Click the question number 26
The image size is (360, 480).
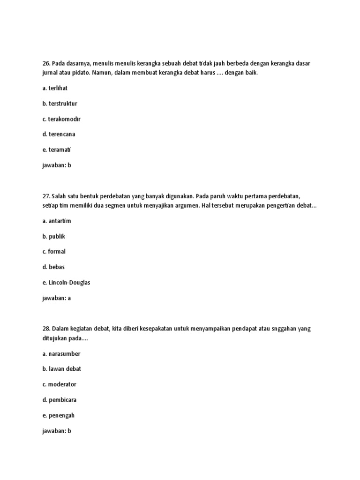(45, 63)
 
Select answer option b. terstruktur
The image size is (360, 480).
(60, 104)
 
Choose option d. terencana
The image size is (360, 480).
(59, 134)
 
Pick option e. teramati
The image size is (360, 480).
(57, 150)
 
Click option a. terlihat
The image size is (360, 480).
(55, 88)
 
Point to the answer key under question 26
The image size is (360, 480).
(56, 165)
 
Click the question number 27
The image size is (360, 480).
(45, 196)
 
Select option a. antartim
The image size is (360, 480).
(57, 221)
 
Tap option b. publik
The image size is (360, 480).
(53, 236)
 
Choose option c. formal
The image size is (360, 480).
(54, 252)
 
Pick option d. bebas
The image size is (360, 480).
(53, 267)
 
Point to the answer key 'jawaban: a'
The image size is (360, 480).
(56, 298)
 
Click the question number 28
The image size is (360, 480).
(45, 329)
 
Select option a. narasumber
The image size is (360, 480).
(61, 353)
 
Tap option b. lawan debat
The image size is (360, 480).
(61, 369)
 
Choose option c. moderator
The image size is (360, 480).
(59, 384)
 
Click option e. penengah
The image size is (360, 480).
(58, 415)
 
